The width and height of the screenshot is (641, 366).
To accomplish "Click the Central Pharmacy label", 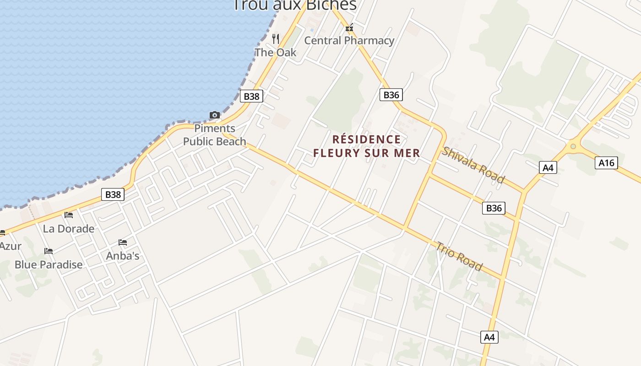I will pyautogui.click(x=349, y=40).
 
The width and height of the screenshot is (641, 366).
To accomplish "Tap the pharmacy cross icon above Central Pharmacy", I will pyautogui.click(x=350, y=28).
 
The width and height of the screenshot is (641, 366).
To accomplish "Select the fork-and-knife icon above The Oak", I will pyautogui.click(x=276, y=39).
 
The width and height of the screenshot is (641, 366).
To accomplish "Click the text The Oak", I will pyautogui.click(x=276, y=52).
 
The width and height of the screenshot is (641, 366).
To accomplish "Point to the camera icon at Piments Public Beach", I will pyautogui.click(x=214, y=115).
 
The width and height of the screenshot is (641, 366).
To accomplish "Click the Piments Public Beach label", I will pyautogui.click(x=215, y=135).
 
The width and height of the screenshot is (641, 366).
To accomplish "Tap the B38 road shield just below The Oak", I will pyautogui.click(x=251, y=96).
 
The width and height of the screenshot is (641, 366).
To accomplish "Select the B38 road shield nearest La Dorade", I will pyautogui.click(x=113, y=194).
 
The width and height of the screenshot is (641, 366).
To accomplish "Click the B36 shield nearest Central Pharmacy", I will pyautogui.click(x=391, y=95).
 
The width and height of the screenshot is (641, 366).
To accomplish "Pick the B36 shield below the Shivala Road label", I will pyautogui.click(x=494, y=208).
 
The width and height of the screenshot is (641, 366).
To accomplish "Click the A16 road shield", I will pyautogui.click(x=606, y=162).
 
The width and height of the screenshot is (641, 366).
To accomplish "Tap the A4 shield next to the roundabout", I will pyautogui.click(x=548, y=167).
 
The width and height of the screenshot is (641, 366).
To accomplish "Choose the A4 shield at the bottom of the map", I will pyautogui.click(x=489, y=337).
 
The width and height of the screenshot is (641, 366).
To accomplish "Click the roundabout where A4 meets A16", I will pyautogui.click(x=572, y=146).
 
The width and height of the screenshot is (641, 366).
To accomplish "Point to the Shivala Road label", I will pyautogui.click(x=473, y=165).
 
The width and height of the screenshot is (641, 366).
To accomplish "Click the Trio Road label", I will pyautogui.click(x=459, y=256).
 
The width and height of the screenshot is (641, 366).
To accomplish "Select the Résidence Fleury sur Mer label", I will pyautogui.click(x=366, y=146).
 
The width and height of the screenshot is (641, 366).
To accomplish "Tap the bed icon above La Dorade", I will pyautogui.click(x=69, y=215).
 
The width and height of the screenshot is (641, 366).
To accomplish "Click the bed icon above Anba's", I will pyautogui.click(x=123, y=242).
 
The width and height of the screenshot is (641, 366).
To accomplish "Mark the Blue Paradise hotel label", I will pyautogui.click(x=49, y=264).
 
